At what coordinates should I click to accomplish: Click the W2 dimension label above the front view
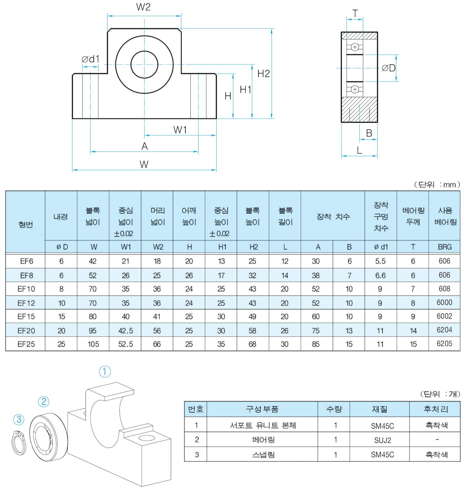click(x=143, y=7)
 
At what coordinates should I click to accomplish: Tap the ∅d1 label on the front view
click(x=91, y=59)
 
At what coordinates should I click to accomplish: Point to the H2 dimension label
click(x=263, y=74)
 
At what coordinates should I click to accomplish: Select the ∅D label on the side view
click(x=388, y=68)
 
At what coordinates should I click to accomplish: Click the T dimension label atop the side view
click(x=355, y=13)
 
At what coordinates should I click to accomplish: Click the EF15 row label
click(x=26, y=316)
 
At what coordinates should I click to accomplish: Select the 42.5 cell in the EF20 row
click(x=126, y=331)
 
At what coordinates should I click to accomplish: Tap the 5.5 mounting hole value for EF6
click(x=380, y=261)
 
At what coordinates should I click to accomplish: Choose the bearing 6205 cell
click(x=444, y=344)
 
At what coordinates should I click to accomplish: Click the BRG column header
click(x=444, y=247)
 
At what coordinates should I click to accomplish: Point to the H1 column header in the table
click(x=222, y=247)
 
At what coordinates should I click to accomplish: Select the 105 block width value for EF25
click(x=93, y=344)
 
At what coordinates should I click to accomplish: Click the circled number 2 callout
click(x=44, y=402)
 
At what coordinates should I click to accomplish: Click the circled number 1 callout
click(x=105, y=372)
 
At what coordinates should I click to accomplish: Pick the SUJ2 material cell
click(x=382, y=440)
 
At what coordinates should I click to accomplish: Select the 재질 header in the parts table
click(x=380, y=409)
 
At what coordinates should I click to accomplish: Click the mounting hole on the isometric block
click(x=147, y=438)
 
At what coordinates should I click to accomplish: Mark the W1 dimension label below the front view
click(x=180, y=130)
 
